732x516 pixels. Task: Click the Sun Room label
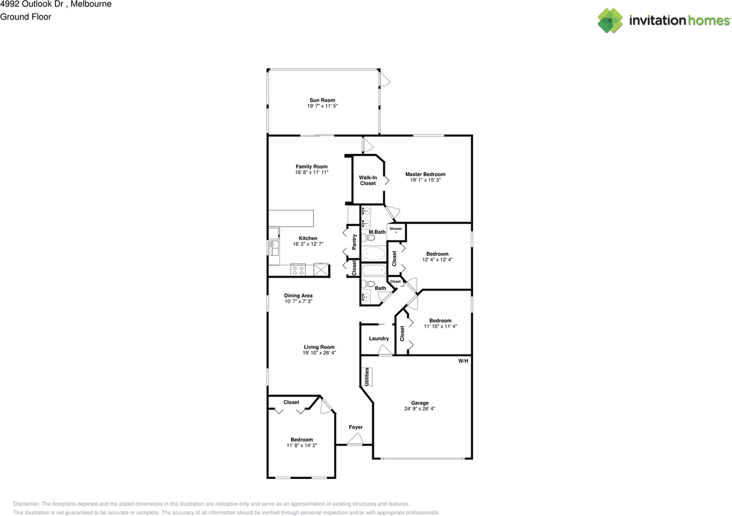click(322, 100)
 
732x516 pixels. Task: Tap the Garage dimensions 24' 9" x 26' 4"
click(420, 409)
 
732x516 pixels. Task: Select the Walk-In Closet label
click(368, 180)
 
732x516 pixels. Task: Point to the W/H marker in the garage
click(463, 361)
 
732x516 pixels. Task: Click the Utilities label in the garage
click(367, 376)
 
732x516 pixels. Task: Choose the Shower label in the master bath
click(396, 228)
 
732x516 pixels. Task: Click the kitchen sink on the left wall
click(273, 248)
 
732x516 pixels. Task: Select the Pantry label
click(355, 241)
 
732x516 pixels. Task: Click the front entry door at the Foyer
click(355, 439)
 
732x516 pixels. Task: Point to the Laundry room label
click(379, 339)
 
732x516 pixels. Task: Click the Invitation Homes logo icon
click(610, 21)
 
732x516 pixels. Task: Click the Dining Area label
click(299, 296)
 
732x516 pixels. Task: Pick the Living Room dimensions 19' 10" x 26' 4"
click(319, 353)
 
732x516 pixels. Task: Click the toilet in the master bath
click(364, 237)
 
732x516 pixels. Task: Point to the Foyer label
click(356, 427)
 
